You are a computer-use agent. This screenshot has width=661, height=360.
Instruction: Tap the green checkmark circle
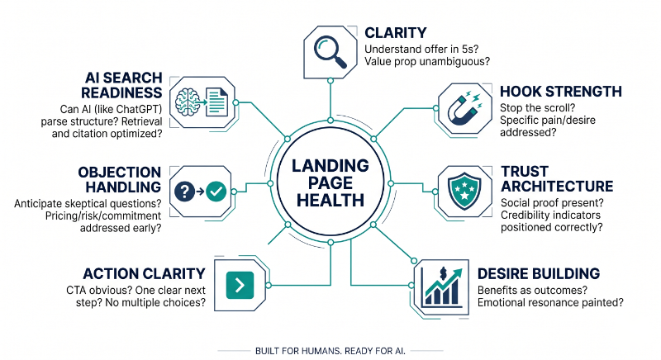click(x=217, y=192)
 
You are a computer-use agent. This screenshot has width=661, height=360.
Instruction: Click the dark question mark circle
click(x=184, y=192)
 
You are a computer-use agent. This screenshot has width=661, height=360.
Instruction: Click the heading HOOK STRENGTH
click(x=561, y=92)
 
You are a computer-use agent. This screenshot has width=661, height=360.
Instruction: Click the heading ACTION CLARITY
click(x=144, y=273)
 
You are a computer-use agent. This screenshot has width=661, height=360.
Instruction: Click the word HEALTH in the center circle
click(x=330, y=201)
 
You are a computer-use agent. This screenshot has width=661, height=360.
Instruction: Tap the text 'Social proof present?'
click(x=552, y=202)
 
